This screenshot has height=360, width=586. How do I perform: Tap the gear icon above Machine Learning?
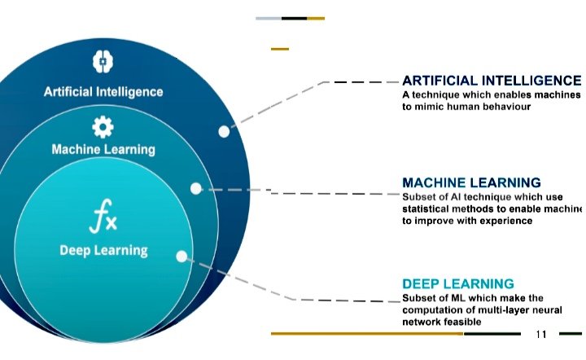(x=103, y=126)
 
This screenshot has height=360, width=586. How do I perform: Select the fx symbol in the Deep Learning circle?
(x=104, y=217)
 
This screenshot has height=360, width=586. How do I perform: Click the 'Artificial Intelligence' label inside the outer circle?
(x=103, y=92)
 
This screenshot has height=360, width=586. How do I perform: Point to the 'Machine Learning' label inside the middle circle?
(x=103, y=150)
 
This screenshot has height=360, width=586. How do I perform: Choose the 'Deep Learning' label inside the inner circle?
(x=104, y=250)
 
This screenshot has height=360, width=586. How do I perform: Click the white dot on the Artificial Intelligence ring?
(x=224, y=131)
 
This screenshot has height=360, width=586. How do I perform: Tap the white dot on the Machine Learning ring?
(x=196, y=188)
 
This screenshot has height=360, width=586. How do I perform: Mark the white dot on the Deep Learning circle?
(x=181, y=256)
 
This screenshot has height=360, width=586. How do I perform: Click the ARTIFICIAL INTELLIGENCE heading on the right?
(x=492, y=81)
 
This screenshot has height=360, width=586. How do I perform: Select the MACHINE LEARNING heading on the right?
(x=471, y=182)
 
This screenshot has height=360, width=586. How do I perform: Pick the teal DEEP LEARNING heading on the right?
(x=458, y=283)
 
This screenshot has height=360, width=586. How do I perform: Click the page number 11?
(x=542, y=335)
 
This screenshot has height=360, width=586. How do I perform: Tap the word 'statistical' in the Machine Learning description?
(x=430, y=209)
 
